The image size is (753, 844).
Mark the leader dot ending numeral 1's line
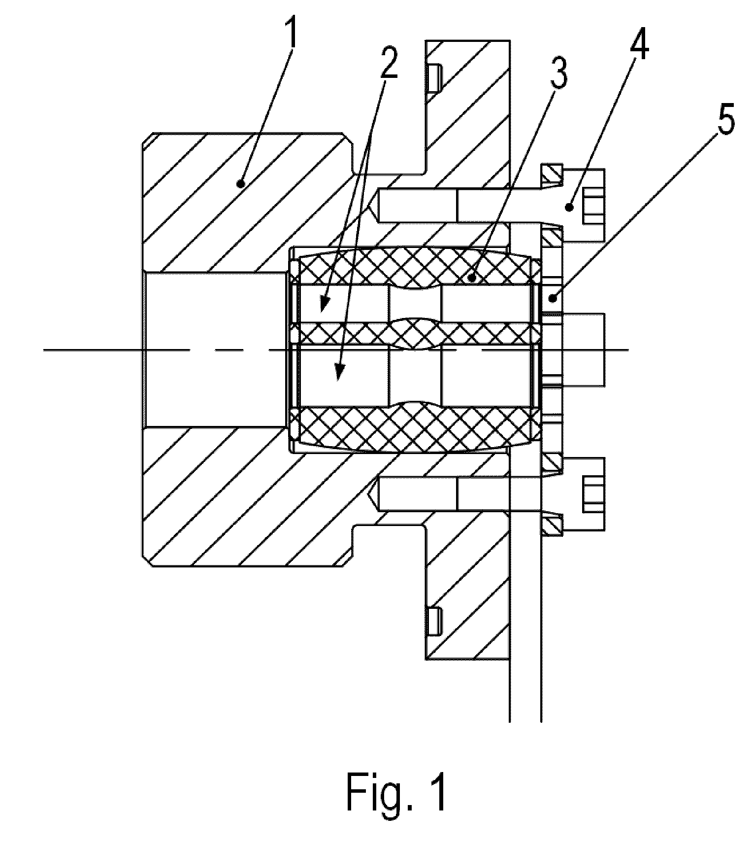coord(240,184)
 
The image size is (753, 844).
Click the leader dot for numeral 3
coord(472,279)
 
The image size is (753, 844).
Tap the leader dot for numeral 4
coord(570,208)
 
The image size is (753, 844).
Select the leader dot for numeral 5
coord(554,298)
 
